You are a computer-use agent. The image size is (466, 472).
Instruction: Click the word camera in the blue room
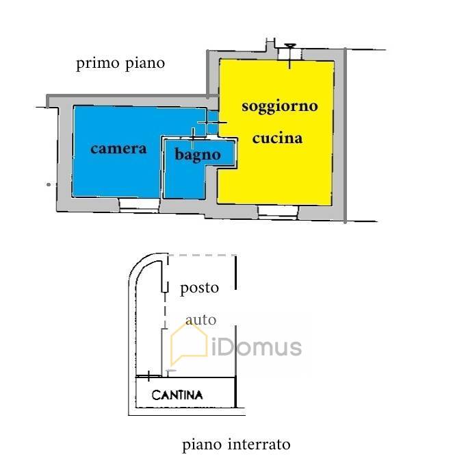point(118,148)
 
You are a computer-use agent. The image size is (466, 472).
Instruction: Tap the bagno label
point(197,155)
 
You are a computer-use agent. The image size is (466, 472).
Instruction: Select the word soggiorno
point(280,107)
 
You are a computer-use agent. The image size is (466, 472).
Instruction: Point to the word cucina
point(277,138)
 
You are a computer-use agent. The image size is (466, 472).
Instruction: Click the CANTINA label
point(177,395)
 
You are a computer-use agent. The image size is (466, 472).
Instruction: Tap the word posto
point(199,288)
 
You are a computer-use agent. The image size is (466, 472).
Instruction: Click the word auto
point(200,319)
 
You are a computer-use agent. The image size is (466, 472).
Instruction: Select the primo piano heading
point(120,64)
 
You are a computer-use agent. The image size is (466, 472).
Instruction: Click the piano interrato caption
point(236,445)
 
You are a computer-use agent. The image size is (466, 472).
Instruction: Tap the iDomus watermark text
point(257,347)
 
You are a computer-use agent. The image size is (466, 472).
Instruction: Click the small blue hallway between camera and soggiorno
point(212,124)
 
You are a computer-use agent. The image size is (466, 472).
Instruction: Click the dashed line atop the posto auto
point(202,255)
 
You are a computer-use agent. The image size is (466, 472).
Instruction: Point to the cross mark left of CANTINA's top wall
point(148,375)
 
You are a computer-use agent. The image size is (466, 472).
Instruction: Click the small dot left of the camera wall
point(48,184)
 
